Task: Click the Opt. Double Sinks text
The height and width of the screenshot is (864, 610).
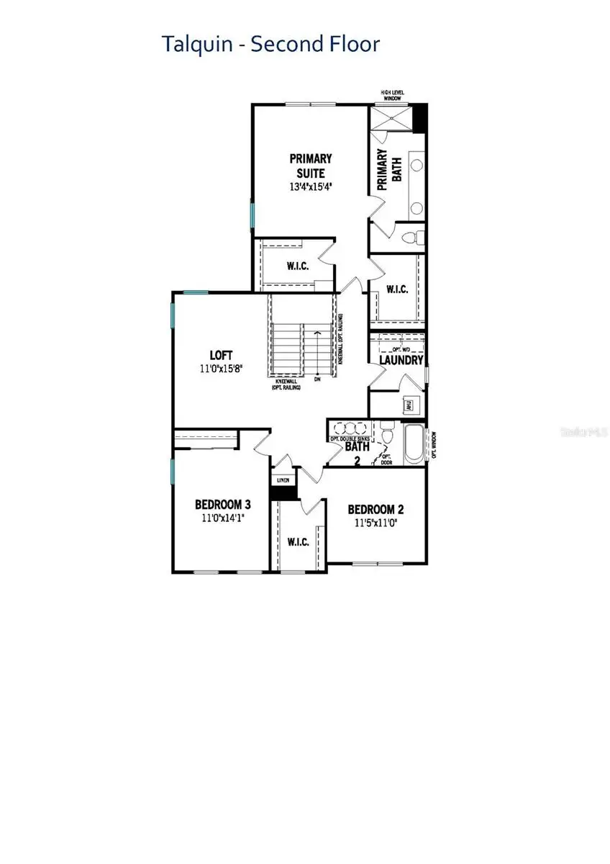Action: tap(350, 438)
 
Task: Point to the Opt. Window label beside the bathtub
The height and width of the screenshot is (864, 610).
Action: tap(433, 445)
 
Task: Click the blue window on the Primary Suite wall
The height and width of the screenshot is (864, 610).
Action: tap(252, 214)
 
